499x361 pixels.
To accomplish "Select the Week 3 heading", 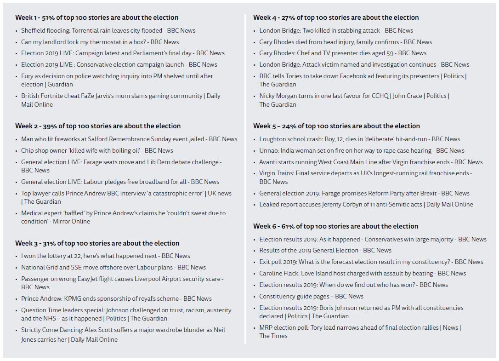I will tap(97, 243).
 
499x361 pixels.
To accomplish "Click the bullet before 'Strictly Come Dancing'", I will tap(17, 330).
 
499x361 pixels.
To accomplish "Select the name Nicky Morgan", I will tap(279, 96).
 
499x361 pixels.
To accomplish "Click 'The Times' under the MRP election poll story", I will tap(273, 336).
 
